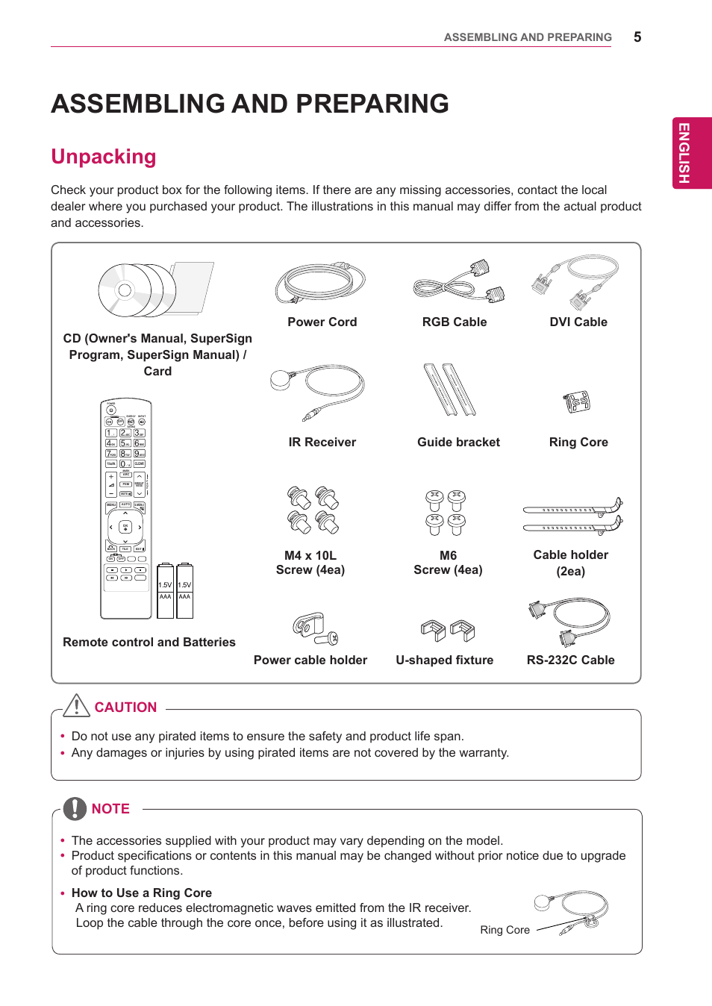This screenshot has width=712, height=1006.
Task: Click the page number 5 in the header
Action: [637, 37]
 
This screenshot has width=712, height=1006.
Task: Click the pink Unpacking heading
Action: [104, 157]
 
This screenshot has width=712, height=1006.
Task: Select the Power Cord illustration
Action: [321, 283]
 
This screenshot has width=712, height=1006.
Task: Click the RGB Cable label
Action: [454, 322]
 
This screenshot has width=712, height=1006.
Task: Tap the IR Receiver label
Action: [322, 442]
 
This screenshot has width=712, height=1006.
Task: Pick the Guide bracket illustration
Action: [450, 390]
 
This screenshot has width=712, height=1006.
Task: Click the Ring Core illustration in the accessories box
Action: [577, 402]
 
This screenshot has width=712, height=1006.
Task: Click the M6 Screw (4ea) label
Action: [448, 563]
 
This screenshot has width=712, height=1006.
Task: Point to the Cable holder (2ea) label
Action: [570, 563]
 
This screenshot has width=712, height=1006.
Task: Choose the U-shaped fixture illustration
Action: [448, 631]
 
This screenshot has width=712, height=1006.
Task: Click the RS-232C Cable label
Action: [570, 660]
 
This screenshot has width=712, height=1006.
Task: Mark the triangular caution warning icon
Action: [77, 705]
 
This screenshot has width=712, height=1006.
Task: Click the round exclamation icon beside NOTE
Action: [75, 808]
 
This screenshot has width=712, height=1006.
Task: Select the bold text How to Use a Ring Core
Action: [142, 893]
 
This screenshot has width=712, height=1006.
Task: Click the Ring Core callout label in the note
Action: [505, 930]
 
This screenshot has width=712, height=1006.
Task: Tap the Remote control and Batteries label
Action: [149, 642]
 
